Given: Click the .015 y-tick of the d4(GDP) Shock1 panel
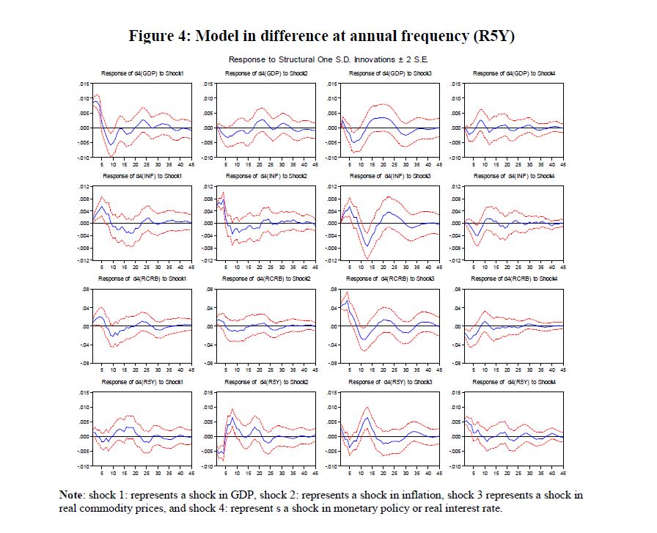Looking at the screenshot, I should coord(84,84).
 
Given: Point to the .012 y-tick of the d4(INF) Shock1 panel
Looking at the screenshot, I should coord(84,187).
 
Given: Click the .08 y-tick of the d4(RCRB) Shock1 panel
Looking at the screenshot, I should coord(86,290).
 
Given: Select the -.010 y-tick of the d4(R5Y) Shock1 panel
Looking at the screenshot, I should coord(83,466).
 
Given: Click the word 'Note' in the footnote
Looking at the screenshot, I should coord(73,496).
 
